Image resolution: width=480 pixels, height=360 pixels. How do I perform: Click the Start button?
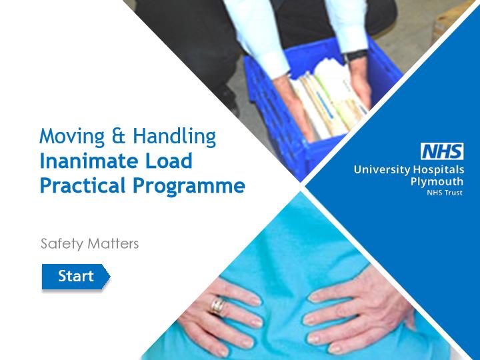75,277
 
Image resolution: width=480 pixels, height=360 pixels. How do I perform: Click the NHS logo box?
442,151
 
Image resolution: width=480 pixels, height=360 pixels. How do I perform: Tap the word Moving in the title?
72,137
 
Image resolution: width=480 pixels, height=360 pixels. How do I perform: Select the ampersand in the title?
119,135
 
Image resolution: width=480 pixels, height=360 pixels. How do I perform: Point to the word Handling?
175,137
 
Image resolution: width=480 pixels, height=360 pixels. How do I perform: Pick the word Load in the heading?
169,161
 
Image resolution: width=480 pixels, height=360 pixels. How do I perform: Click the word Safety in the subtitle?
62,244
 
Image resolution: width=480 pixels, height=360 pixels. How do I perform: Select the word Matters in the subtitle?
113,244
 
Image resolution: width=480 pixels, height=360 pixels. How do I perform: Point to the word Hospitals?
439,170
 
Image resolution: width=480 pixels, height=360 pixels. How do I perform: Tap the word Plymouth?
437,182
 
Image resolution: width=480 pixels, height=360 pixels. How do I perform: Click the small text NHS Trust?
445,193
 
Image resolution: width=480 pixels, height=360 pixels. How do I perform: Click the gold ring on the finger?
217,305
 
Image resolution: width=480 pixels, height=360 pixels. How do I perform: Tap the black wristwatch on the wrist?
356,56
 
